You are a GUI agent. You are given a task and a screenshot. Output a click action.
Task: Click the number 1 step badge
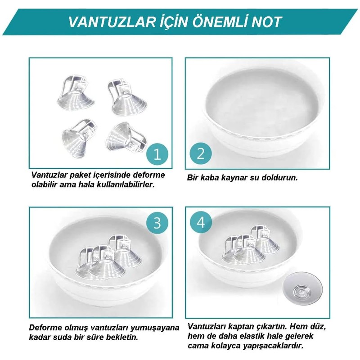157,155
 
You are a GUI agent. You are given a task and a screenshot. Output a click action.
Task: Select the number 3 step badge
157,223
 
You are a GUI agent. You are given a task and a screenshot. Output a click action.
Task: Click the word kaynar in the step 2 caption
231,177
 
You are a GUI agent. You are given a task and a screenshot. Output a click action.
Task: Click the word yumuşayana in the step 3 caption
157,328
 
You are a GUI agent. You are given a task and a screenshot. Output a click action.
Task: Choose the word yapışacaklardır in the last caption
278,346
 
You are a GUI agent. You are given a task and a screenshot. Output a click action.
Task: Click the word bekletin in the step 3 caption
109,337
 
